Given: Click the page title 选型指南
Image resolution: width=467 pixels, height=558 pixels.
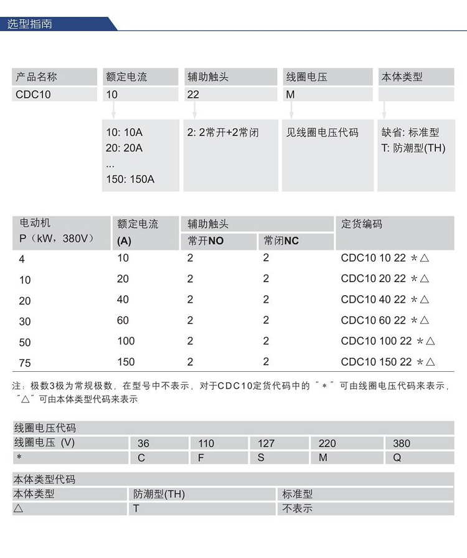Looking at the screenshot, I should coord(30,24).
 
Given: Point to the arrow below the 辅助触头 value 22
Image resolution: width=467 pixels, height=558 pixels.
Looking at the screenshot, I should coord(195,111).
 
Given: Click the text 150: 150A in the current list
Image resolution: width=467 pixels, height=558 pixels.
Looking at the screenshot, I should coord(130,179).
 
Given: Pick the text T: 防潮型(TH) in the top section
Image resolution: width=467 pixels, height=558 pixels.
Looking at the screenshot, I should coord(413,148).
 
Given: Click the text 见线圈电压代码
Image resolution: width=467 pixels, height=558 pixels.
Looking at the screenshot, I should coord(323,133).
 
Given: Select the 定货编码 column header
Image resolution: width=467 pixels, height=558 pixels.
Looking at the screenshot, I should coord(362,224).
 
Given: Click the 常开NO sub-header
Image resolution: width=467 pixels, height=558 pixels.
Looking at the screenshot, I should coord(205,241).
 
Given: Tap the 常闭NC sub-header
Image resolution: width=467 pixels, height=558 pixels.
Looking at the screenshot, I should coord(281,241).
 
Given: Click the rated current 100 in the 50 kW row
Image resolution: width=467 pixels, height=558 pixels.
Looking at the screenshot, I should coord(126,341).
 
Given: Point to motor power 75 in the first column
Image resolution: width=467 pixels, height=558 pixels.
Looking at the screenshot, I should coord(25,363).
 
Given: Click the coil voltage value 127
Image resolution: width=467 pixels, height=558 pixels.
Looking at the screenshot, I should coord(266,443).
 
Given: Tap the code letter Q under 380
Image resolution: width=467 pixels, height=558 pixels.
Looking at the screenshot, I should coord(397,458).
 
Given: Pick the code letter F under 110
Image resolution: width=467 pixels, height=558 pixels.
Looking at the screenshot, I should coord(200,458).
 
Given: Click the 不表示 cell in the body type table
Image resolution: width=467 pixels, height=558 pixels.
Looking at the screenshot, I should coord(297,508).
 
